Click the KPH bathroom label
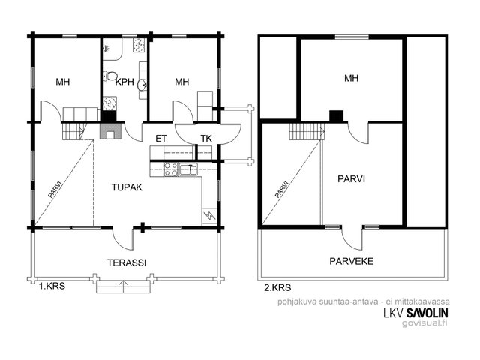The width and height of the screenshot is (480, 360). (124, 82)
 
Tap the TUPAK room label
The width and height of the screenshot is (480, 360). (127, 187)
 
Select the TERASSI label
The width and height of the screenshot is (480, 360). (127, 262)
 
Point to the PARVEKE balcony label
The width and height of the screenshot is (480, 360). (352, 261)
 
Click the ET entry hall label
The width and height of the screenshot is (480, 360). (161, 139)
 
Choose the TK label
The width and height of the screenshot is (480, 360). (206, 139)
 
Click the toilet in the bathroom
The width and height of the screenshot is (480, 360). (110, 76)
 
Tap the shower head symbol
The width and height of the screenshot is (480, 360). (106, 48)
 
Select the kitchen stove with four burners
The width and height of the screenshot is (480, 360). (171, 169)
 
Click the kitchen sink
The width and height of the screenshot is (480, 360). (188, 169)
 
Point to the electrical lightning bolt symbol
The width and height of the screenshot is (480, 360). (210, 216)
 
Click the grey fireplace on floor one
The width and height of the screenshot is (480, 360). (112, 130)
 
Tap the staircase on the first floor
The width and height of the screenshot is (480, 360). (73, 130)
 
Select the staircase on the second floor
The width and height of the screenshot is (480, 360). (307, 131)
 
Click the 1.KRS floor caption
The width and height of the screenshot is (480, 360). (52, 286)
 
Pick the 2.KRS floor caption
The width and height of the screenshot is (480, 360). (277, 287)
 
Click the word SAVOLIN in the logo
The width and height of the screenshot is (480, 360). (427, 313)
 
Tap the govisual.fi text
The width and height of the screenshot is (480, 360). (425, 323)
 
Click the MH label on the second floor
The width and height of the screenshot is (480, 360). (352, 78)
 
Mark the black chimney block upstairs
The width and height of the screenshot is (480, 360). (337, 116)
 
